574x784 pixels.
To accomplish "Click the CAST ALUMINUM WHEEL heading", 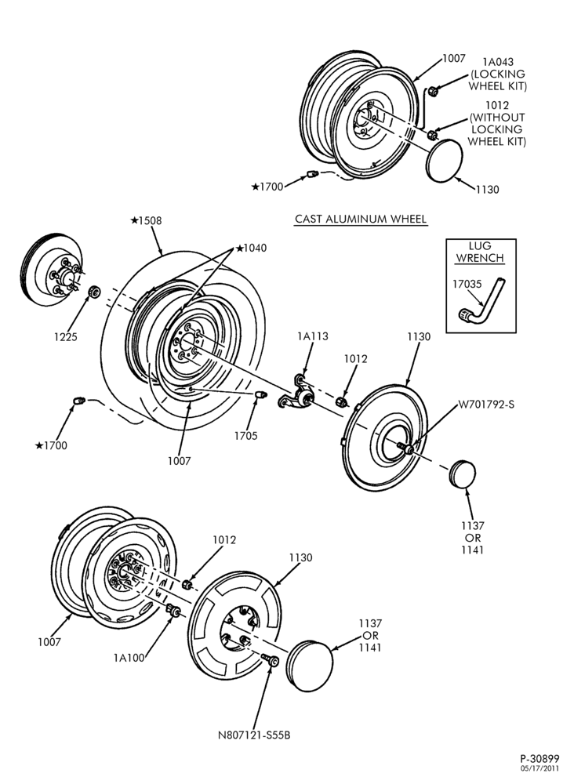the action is [x=361, y=219].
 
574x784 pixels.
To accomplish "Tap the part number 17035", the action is [x=467, y=284].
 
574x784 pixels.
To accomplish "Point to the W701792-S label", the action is [x=486, y=404].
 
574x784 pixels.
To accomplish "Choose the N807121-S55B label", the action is [x=254, y=735].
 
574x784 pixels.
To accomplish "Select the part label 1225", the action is [x=66, y=337].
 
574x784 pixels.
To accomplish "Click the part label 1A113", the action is [x=313, y=336].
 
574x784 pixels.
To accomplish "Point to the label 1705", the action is [x=245, y=436].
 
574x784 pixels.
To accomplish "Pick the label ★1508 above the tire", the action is [x=146, y=220].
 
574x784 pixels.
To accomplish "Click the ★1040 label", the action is [x=251, y=248].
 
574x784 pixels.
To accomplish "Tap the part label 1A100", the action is [x=129, y=658].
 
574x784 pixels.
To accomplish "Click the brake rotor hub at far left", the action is [x=53, y=270].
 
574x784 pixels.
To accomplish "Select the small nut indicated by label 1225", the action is [x=93, y=291].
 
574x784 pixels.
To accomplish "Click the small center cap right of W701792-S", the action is [x=463, y=474].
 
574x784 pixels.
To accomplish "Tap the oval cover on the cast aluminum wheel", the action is [x=445, y=161].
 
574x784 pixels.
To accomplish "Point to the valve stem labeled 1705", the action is [x=260, y=395].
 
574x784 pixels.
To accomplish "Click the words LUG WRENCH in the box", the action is [x=480, y=252].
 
